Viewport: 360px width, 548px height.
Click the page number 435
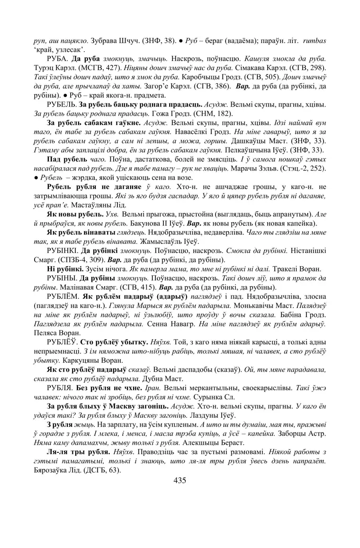[x=180, y=480]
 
